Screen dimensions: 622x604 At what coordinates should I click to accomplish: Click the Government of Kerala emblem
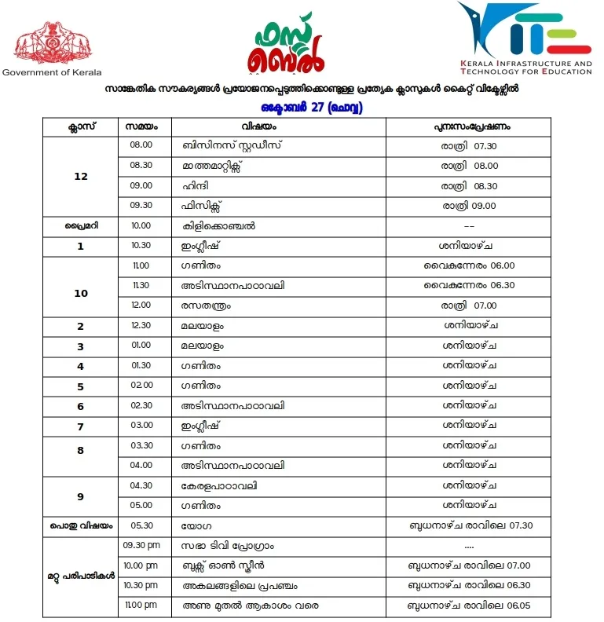click(x=49, y=45)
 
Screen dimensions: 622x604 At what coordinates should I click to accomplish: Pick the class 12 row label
click(x=80, y=176)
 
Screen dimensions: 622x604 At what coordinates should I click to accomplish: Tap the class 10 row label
click(x=80, y=293)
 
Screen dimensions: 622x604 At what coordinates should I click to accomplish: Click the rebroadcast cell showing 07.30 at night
click(x=470, y=145)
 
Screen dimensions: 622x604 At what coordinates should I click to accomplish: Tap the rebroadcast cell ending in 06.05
click(x=470, y=606)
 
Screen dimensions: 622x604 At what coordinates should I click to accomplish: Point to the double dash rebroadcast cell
click(x=470, y=226)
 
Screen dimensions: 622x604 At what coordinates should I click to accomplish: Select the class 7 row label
click(x=80, y=425)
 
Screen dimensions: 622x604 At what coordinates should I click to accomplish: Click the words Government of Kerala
click(x=52, y=72)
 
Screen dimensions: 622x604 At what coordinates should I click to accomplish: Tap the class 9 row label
click(x=80, y=496)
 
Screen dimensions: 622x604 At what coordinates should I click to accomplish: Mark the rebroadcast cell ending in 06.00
click(x=470, y=265)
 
